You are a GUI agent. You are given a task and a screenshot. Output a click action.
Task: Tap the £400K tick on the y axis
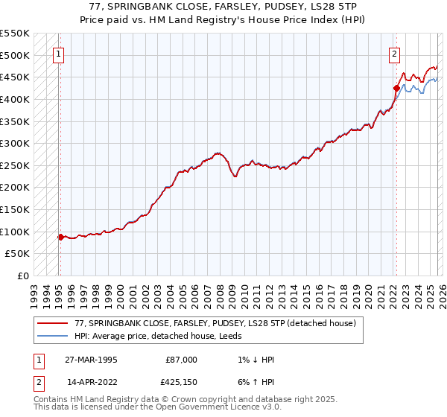click(15, 99)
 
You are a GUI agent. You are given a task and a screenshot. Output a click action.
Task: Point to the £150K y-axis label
click(15, 209)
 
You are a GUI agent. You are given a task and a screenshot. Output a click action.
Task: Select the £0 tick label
click(22, 276)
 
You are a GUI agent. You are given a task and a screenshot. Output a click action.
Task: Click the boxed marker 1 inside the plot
click(58, 54)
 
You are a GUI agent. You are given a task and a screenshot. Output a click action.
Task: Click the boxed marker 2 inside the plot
click(393, 54)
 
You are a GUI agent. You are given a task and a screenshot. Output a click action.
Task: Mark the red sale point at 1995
click(60, 237)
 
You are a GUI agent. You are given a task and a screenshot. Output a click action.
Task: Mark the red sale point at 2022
click(396, 88)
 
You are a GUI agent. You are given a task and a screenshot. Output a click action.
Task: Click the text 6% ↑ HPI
click(255, 382)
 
